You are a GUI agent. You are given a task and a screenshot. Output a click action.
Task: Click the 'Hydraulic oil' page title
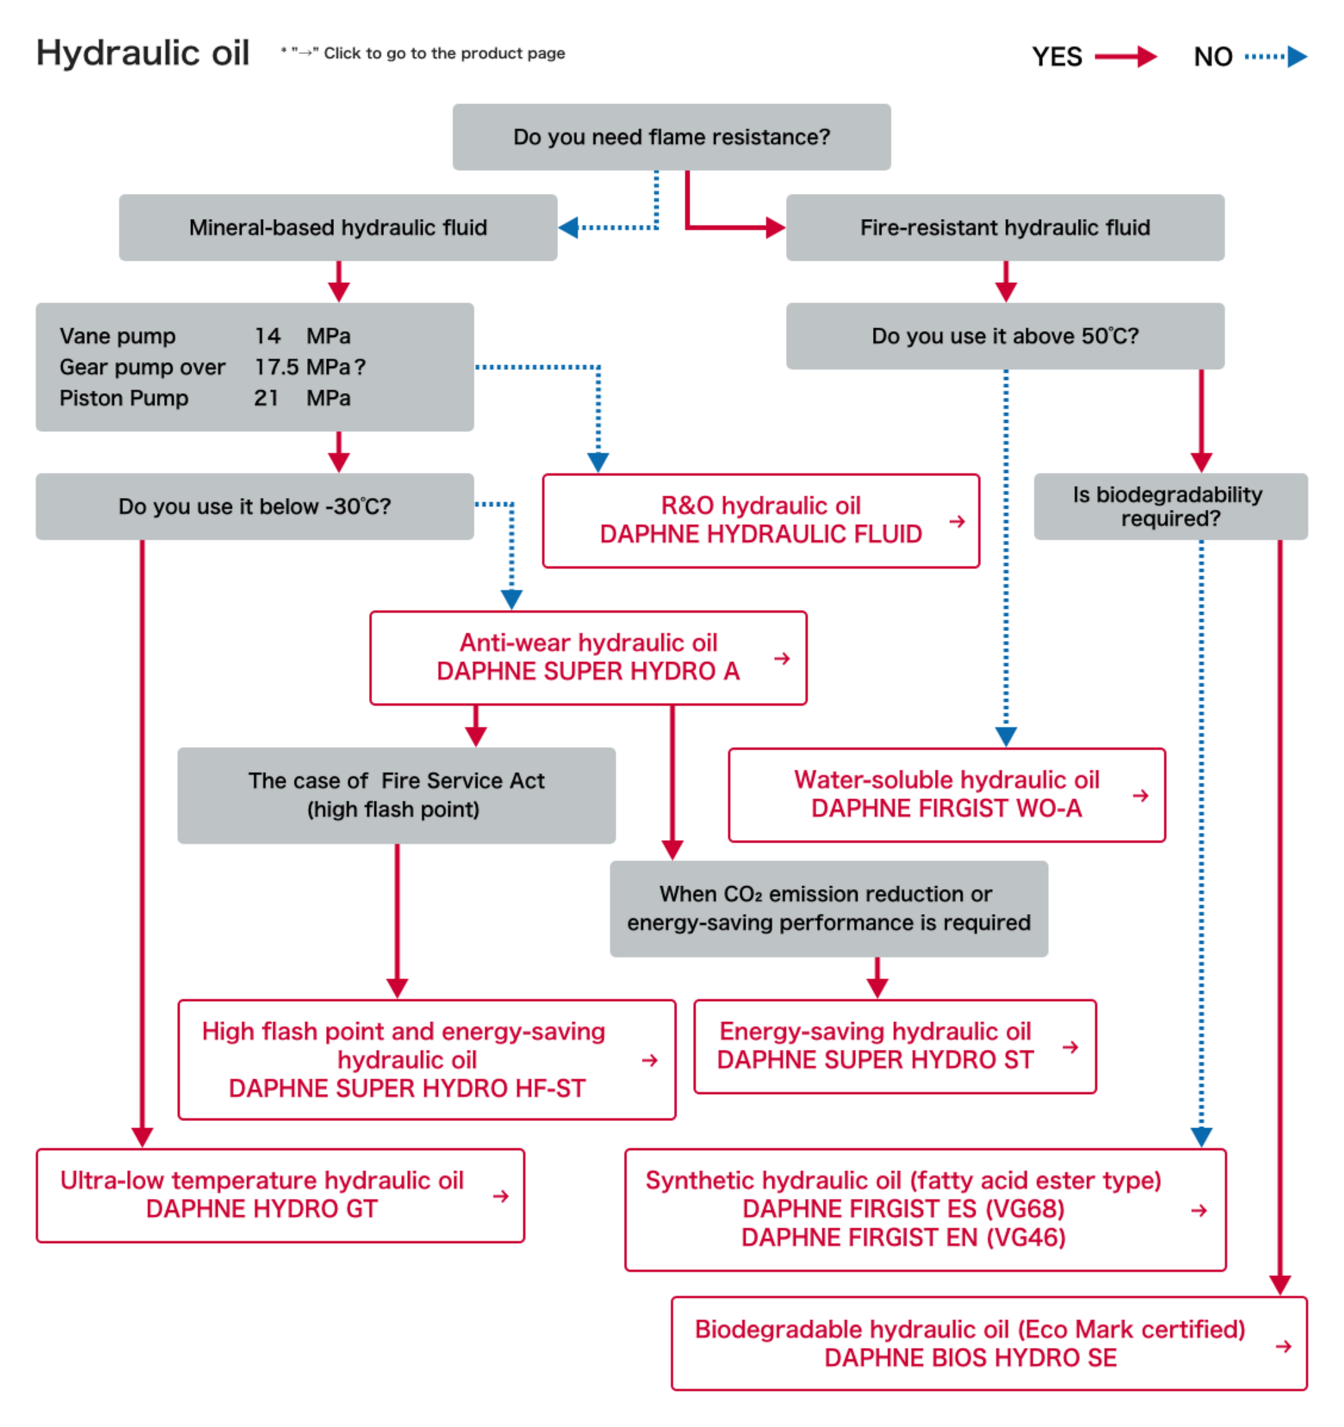coord(143,53)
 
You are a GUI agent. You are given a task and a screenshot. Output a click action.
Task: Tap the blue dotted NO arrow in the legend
coord(1275,57)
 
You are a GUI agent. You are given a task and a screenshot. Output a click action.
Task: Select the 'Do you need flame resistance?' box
coord(671,137)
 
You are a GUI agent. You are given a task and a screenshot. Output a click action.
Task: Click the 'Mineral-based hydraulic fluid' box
coord(338,228)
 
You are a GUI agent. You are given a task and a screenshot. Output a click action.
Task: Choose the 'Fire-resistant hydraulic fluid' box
coord(1004,228)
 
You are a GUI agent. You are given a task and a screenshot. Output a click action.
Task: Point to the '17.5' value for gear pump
coord(276,367)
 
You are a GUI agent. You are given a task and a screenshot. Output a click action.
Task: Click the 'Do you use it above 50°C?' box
coord(1004,336)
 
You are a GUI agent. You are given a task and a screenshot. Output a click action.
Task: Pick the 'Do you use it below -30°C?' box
coord(255,507)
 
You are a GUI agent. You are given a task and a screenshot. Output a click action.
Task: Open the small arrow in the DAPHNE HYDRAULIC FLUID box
coord(957,522)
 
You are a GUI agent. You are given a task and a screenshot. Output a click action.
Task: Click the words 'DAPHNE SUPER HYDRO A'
coord(587,672)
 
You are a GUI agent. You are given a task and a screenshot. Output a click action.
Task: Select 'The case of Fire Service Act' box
coord(396,795)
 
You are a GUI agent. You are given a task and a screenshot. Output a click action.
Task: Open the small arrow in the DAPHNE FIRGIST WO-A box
coord(1140,796)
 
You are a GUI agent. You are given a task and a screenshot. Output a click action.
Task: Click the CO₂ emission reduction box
coord(828,909)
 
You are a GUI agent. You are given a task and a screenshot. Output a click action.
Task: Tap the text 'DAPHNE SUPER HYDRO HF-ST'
coord(407,1089)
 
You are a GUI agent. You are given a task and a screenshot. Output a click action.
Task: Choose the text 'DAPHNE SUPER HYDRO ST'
coord(875,1060)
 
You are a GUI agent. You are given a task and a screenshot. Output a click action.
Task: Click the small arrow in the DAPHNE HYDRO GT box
coord(501,1196)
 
